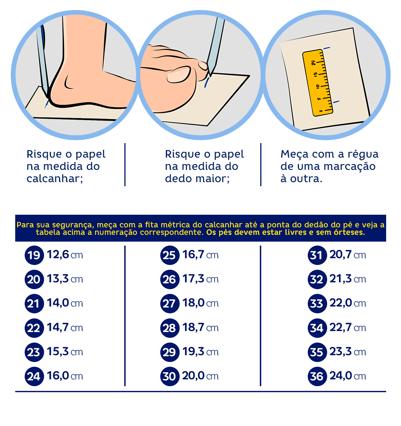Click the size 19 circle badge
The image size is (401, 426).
pyautogui.click(x=34, y=255)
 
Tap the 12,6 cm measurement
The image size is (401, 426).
pyautogui.click(x=65, y=255)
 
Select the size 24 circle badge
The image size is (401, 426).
pyautogui.click(x=34, y=376)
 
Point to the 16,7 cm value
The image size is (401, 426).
pyautogui.click(x=200, y=255)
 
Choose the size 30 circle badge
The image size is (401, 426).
pyautogui.click(x=170, y=376)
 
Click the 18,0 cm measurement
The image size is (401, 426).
pyautogui.click(x=200, y=303)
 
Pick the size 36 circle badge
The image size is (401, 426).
pyautogui.click(x=317, y=376)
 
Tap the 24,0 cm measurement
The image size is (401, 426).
pyautogui.click(x=348, y=376)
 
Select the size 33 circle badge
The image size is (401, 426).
pyautogui.click(x=317, y=303)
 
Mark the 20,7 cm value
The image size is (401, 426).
pyautogui.click(x=348, y=255)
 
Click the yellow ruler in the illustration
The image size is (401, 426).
pyautogui.click(x=318, y=83)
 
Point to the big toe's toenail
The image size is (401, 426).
pyautogui.click(x=178, y=75)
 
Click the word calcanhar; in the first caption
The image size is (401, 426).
pyautogui.click(x=55, y=178)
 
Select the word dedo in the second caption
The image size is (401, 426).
pyautogui.click(x=177, y=178)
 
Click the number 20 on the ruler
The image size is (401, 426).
pyautogui.click(x=313, y=62)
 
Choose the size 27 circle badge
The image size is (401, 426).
pyautogui.click(x=170, y=303)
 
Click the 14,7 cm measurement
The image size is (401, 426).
pyautogui.click(x=65, y=327)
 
